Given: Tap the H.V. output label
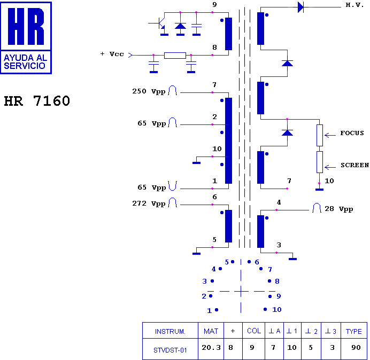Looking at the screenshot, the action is [x=354, y=5].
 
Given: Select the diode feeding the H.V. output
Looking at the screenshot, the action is [x=300, y=7].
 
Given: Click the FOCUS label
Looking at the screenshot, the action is [x=352, y=133].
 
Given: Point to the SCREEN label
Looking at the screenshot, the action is [x=354, y=165].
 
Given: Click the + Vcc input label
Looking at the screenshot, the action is [x=112, y=54].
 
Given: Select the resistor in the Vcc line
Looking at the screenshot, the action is [x=175, y=56].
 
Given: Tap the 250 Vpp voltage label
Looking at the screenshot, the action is [x=149, y=91].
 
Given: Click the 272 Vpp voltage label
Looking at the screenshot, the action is [x=149, y=204].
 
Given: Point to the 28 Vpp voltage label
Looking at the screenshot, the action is [x=339, y=209].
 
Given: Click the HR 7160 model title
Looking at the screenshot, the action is [x=37, y=101].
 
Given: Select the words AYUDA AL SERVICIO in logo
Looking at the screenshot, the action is [x=26, y=61].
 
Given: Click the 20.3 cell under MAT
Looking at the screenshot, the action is [x=211, y=347].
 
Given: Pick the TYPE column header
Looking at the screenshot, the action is [x=353, y=332].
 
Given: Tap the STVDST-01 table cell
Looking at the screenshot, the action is [x=170, y=350].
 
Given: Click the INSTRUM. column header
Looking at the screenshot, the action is [x=170, y=332].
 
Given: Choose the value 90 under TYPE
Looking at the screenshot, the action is [x=356, y=347].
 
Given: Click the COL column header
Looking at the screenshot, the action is [x=254, y=331].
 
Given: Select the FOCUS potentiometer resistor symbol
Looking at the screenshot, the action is [x=320, y=135].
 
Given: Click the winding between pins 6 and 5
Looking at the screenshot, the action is [x=228, y=226].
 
